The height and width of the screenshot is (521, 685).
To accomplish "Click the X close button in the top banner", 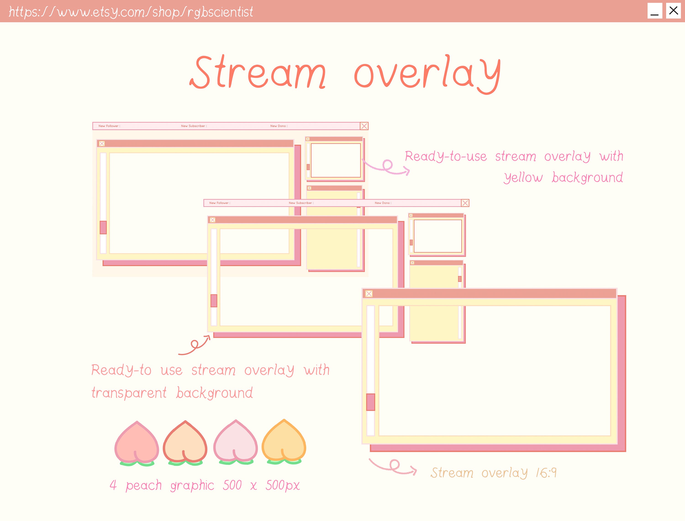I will pyautogui.click(x=673, y=11).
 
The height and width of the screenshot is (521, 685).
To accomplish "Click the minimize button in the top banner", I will pyautogui.click(x=655, y=11).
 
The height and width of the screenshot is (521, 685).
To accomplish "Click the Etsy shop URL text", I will pyautogui.click(x=130, y=12).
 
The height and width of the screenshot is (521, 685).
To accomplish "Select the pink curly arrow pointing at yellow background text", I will pyautogui.click(x=386, y=166).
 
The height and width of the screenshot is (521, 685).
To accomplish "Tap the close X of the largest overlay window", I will pyautogui.click(x=369, y=294).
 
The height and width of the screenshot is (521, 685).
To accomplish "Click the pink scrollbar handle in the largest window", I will pyautogui.click(x=371, y=402).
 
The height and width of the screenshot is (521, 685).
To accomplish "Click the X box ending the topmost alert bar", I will pyautogui.click(x=364, y=126).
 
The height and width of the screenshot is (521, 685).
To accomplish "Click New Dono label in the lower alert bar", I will pyautogui.click(x=383, y=203).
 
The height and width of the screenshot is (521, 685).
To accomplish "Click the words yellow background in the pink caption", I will pyautogui.click(x=563, y=178).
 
